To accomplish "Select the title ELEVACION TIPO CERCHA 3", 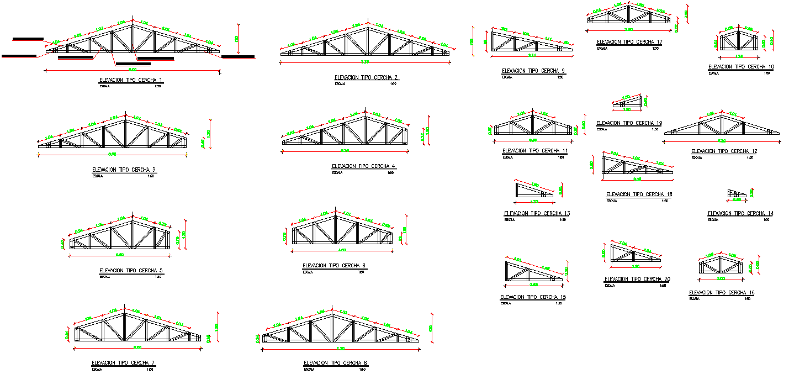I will (x=124, y=170).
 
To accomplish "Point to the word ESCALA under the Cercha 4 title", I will (x=337, y=173).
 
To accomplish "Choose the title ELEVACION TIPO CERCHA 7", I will (x=123, y=363).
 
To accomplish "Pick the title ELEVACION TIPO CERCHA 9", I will (x=533, y=71).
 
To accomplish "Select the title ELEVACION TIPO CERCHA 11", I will (x=534, y=151).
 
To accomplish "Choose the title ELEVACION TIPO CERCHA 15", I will (x=533, y=297).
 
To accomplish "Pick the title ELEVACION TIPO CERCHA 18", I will (x=639, y=194).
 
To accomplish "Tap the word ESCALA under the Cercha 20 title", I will (x=610, y=286).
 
